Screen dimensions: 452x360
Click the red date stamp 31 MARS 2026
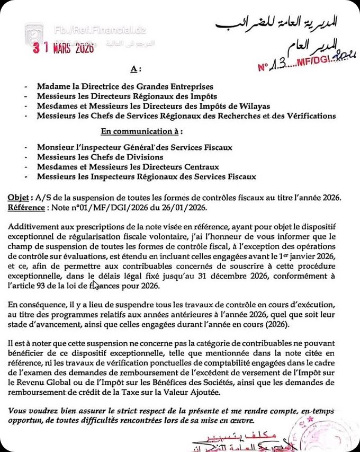coord(63,48)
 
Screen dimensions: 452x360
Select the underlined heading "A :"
coord(135,69)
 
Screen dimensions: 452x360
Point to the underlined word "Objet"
coord(18,198)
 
